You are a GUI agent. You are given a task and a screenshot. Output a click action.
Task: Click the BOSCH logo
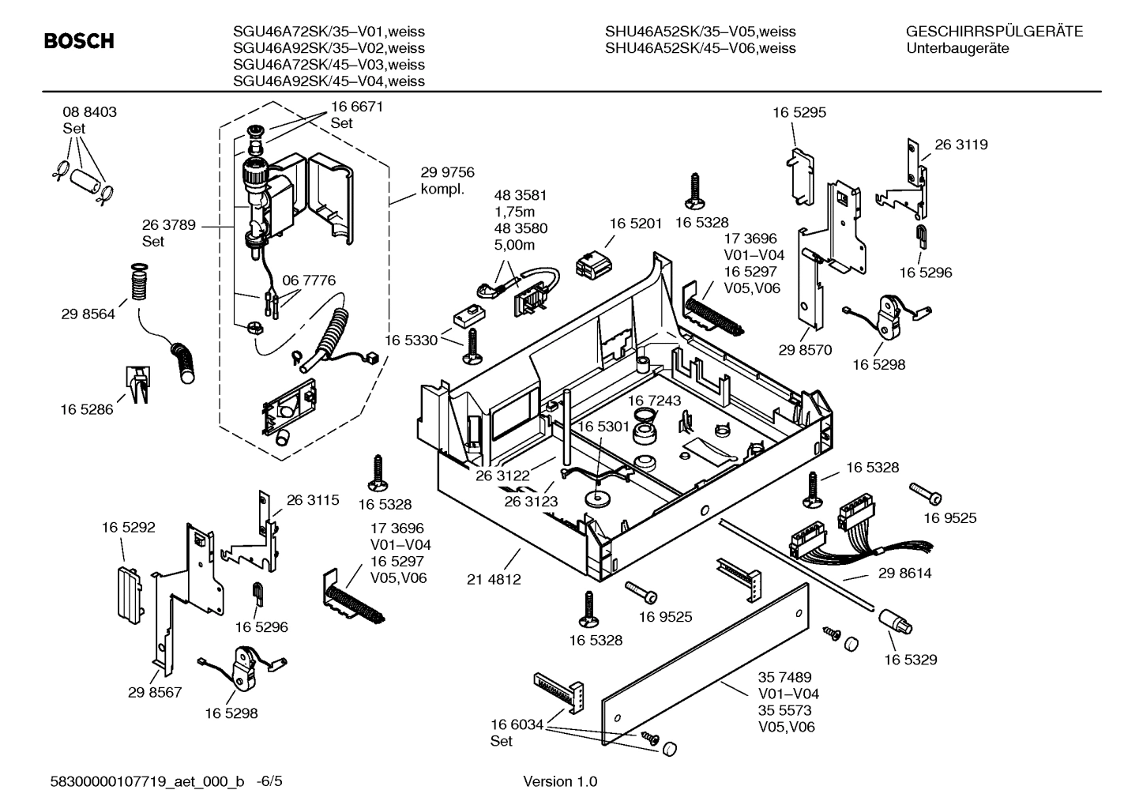coord(79,41)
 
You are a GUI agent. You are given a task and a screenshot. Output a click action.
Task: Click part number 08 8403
coord(89,112)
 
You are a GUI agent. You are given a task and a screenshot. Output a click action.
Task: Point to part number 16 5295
coord(799,113)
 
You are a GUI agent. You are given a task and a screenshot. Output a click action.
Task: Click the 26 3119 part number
coord(961,145)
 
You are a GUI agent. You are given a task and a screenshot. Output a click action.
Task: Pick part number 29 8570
coord(805,350)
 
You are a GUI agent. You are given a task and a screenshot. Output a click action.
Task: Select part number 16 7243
coord(654,401)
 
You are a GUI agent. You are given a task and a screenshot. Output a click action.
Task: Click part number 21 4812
coord(494,579)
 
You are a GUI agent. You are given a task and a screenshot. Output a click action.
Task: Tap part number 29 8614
coord(904,574)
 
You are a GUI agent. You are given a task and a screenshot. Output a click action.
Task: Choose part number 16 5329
coord(910,659)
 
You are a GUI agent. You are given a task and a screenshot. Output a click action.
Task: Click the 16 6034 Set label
coord(517,732)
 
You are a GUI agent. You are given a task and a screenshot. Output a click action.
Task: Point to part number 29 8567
coord(155,692)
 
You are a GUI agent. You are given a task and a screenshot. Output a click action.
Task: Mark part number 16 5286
coord(87,409)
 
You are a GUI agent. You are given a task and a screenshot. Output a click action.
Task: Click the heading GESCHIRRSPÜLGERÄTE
coord(994,32)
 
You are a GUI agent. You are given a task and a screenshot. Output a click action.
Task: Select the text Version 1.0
coord(560,782)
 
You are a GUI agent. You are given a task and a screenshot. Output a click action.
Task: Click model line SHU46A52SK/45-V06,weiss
coord(700,48)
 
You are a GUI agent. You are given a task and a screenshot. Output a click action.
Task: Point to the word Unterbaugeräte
coord(957,48)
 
